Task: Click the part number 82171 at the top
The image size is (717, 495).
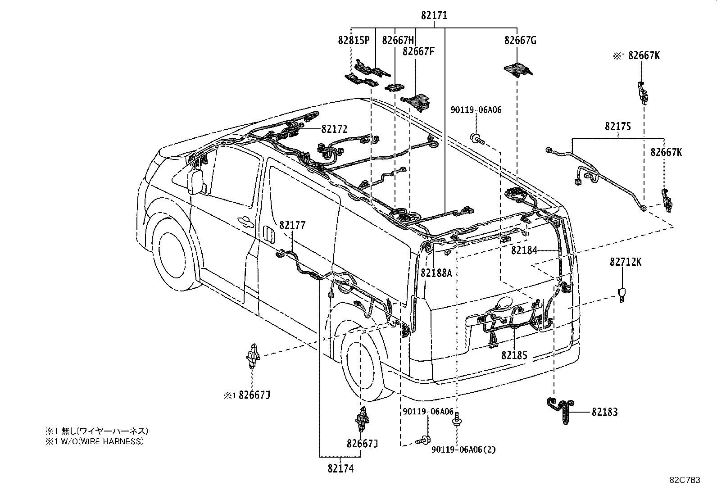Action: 434,15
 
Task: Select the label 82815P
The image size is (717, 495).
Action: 354,41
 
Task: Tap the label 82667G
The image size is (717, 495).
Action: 520,41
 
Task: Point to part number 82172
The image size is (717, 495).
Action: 334,129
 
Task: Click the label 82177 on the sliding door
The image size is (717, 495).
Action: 292,225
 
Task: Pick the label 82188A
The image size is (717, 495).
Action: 436,273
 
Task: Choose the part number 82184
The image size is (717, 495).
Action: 524,250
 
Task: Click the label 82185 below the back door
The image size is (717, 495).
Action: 514,356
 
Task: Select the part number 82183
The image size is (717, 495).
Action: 604,412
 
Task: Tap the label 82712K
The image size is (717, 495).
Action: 626,262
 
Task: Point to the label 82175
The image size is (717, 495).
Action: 617,127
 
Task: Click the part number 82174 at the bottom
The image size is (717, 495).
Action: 340,469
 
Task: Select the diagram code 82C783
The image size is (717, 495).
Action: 685,481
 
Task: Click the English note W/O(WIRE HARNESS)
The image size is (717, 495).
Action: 94,441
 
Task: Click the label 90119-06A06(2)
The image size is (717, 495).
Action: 463,450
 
